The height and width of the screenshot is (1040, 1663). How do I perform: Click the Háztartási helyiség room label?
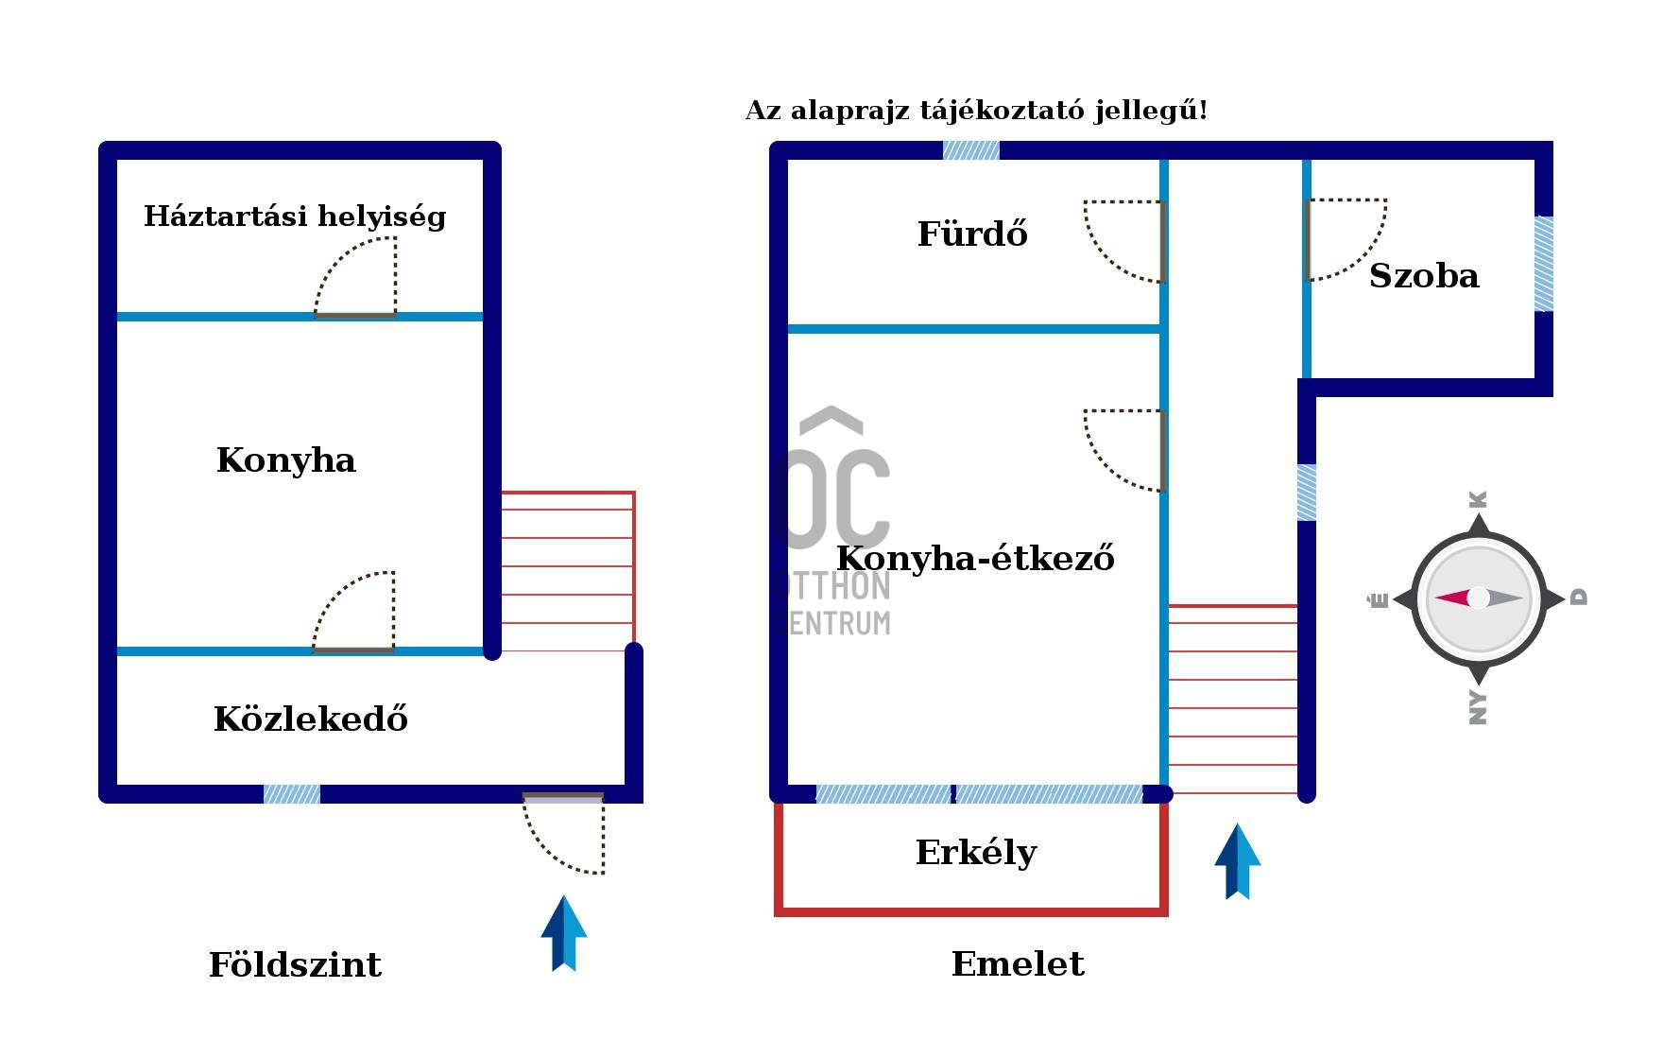295,217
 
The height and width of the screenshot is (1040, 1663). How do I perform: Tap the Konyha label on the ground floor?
286,460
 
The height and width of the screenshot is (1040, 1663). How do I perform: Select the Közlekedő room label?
311,719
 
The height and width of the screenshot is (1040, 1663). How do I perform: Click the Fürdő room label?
972,234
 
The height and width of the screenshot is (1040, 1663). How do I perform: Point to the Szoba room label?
1424,276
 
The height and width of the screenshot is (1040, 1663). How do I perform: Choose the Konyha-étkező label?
975,559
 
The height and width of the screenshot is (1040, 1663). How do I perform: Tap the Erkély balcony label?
976,853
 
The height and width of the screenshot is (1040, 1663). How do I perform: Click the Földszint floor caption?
295,965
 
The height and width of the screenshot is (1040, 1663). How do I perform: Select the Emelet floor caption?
1018,964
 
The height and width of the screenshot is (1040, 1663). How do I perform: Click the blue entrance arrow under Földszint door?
564,933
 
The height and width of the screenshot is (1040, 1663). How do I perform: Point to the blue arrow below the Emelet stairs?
1237,861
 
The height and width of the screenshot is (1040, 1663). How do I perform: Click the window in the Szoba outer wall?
1543,264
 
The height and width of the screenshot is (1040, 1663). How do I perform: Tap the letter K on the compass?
1479,499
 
